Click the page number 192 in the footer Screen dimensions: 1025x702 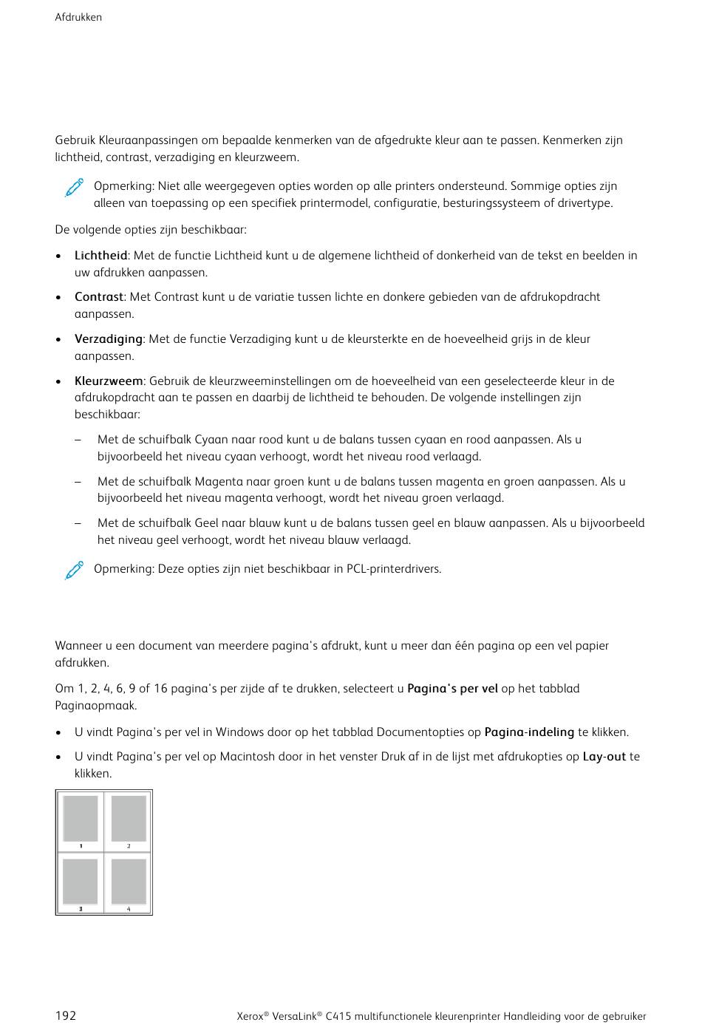point(66,1015)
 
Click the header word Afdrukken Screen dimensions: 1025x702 point(78,17)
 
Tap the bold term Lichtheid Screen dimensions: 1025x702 point(100,256)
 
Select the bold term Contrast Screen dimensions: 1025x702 point(98,297)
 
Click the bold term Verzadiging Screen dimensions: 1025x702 point(108,339)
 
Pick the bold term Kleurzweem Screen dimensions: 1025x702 point(109,381)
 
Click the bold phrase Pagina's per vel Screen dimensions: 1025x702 point(452,689)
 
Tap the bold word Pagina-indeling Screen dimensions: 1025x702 point(529,732)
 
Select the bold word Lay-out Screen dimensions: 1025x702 point(604,757)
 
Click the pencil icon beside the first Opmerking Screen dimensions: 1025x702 point(74,188)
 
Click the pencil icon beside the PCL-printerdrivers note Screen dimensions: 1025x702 point(74,571)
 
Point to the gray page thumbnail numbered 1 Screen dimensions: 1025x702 point(81,818)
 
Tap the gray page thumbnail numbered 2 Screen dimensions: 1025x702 point(129,818)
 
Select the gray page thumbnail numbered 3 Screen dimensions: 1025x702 point(81,881)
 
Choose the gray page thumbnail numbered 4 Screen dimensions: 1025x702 point(129,881)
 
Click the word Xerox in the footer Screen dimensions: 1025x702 point(250,1016)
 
